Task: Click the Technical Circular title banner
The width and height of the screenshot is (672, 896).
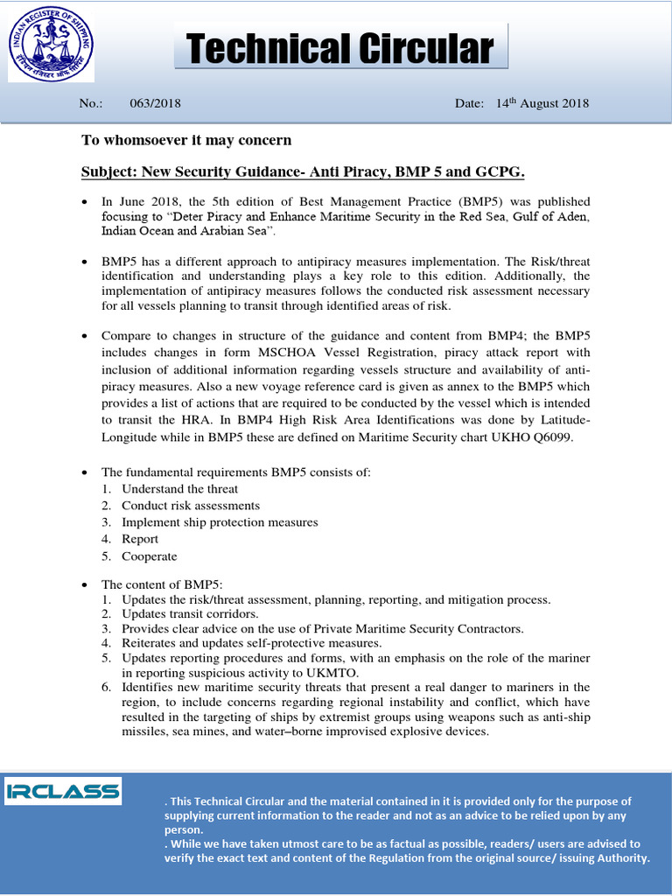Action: [x=341, y=49]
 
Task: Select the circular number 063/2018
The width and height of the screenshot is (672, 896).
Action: [x=155, y=103]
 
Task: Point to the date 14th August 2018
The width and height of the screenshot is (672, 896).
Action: [x=542, y=103]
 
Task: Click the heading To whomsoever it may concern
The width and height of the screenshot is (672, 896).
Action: [x=186, y=140]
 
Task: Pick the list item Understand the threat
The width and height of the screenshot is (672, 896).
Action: [x=179, y=489]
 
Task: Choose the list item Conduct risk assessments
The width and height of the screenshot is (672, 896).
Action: [x=190, y=506]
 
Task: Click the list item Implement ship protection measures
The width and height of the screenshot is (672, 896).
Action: [x=220, y=522]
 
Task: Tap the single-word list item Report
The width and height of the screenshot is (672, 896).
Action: [x=140, y=539]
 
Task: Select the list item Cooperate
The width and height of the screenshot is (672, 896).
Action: [x=149, y=556]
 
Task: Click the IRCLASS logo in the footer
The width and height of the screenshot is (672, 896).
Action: [x=63, y=792]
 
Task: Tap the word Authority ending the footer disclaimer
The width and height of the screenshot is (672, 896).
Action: [x=618, y=858]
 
